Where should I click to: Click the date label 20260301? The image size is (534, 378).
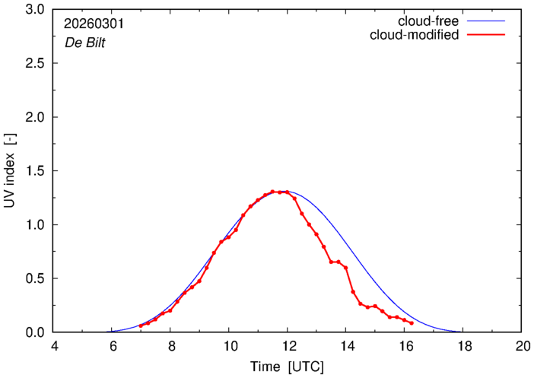coord(94,24)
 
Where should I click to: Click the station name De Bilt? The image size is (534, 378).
coord(84,43)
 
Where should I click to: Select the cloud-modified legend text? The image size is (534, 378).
coord(414,35)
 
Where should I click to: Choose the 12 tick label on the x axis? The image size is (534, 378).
coord(287,346)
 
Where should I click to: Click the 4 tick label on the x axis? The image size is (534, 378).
coord(53,346)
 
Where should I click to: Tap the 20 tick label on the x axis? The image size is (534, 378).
coord(521,346)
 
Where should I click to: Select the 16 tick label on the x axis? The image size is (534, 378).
coord(404,346)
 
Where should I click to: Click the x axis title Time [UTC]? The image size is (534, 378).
coord(287,366)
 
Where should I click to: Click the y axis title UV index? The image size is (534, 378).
coord(10,170)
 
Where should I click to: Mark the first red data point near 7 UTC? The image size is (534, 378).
coord(141,326)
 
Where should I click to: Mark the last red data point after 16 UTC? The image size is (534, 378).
coord(412,323)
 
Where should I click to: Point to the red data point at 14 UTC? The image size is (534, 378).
coord(345,268)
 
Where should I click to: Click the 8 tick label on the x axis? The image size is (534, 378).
coord(170,346)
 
